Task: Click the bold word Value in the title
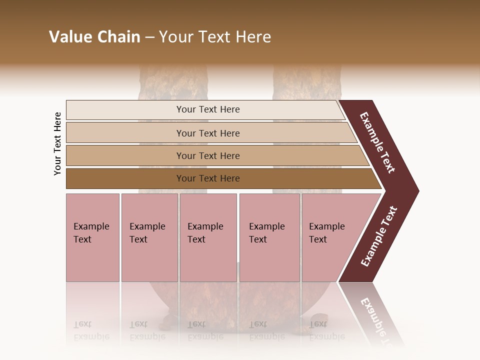tap(71, 37)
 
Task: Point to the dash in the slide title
tap(149, 37)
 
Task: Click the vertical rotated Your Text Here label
tap(57, 144)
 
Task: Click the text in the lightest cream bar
tap(208, 109)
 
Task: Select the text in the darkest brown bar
tap(208, 178)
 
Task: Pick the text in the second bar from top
tap(208, 133)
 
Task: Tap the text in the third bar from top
tap(208, 156)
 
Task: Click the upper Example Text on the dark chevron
tap(377, 142)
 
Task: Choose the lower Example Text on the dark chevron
tap(379, 236)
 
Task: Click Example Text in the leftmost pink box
tap(91, 233)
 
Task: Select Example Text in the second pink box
tap(147, 233)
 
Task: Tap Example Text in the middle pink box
tap(205, 233)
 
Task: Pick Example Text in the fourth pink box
tap(266, 233)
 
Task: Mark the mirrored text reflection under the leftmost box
tap(91, 330)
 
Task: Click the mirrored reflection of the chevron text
tap(376, 320)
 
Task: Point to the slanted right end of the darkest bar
tap(376, 179)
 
